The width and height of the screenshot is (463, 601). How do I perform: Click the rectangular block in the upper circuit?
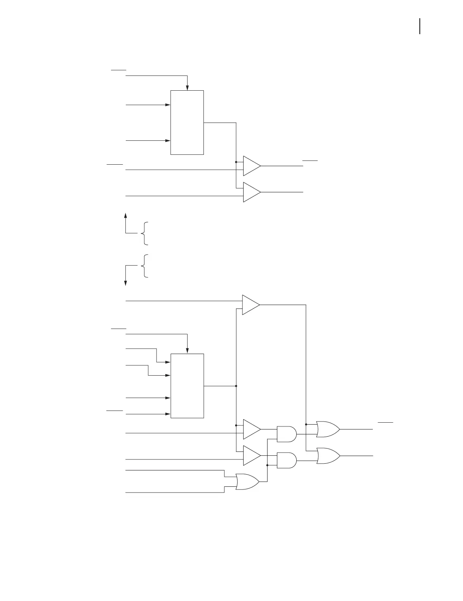(x=187, y=123)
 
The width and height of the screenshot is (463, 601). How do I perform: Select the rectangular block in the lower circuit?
(x=187, y=386)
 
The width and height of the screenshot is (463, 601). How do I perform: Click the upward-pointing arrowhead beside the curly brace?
(x=125, y=215)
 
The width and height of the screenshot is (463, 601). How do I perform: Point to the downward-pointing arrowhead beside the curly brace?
(x=125, y=283)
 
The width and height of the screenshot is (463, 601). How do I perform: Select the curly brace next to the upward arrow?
(x=144, y=233)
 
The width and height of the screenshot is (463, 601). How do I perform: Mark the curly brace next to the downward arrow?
(x=144, y=266)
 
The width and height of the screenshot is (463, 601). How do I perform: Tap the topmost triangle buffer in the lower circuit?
(x=250, y=305)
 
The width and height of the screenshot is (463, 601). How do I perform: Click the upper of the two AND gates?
(x=287, y=434)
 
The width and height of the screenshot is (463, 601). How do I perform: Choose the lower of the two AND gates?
(x=287, y=460)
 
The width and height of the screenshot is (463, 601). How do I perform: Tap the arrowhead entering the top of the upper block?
(x=187, y=88)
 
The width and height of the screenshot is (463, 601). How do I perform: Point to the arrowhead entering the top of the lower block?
(x=187, y=351)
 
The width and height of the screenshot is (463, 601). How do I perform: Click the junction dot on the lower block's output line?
(x=236, y=386)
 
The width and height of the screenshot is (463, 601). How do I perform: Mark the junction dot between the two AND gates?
(x=267, y=465)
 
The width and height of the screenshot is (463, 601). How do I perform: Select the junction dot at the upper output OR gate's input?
(x=306, y=424)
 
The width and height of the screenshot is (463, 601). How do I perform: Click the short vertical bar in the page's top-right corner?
(x=420, y=26)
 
